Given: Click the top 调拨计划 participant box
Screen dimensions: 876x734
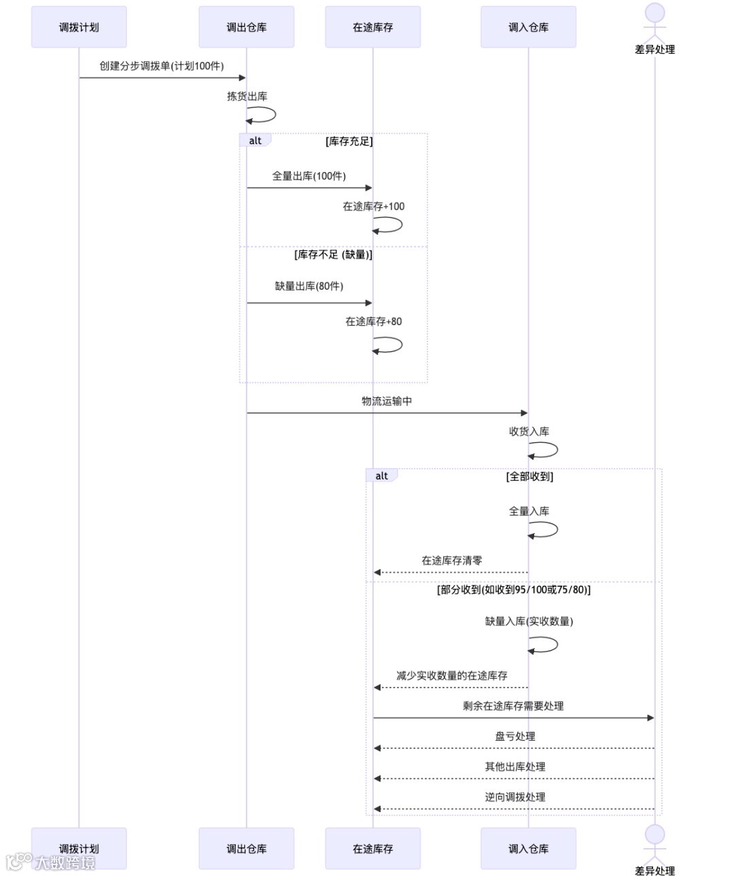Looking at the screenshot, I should pos(79,27).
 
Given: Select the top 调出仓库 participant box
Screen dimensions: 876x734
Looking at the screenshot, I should pos(246,27).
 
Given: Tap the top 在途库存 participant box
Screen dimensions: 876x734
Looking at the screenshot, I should pos(372,27).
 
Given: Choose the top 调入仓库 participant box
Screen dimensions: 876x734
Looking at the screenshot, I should pos(528,27).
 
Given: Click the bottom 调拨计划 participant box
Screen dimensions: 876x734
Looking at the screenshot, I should pos(79,848).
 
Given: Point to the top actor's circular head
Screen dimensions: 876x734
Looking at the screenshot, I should pos(654,13).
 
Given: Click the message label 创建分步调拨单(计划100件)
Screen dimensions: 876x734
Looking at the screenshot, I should pos(162,66).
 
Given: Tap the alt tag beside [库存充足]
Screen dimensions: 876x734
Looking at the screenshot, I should pos(255,141).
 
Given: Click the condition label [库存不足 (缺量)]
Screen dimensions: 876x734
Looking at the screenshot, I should pos(333,254).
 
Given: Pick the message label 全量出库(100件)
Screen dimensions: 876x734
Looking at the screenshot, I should pos(309,176).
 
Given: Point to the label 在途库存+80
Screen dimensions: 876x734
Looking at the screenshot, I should pos(373,322).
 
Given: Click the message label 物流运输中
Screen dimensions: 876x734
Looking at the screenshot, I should pos(387,401).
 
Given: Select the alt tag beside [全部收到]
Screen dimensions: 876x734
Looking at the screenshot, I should pos(381,476).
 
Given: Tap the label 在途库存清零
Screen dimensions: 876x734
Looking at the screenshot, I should pos(451,561).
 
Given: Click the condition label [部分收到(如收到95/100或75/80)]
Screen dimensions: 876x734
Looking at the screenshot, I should pos(513,590).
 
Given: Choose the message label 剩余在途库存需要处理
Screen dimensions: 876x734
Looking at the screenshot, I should pos(513,706).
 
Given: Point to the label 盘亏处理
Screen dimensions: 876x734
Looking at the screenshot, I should pos(514,737).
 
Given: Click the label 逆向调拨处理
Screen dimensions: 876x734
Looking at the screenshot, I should pos(514,797).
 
